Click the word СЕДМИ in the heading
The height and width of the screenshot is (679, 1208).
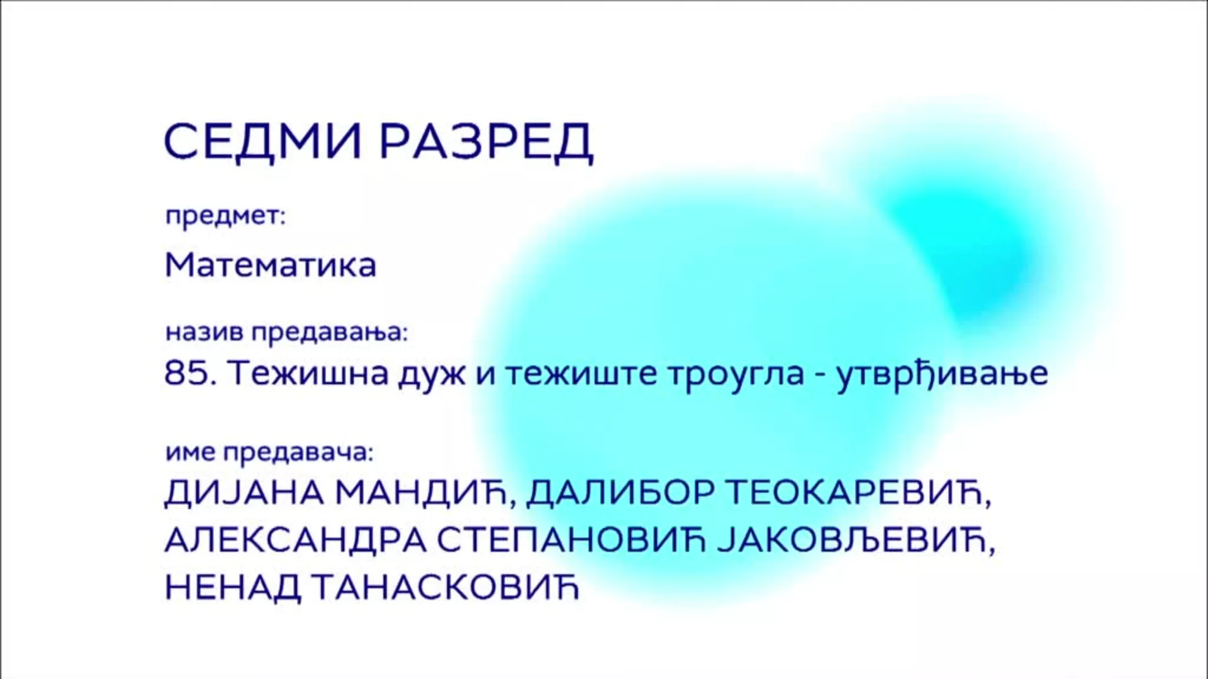click(x=263, y=141)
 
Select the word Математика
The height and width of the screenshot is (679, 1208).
click(x=271, y=265)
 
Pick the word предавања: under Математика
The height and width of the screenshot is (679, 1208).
click(x=330, y=332)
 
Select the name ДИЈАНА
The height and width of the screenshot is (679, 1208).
click(x=244, y=494)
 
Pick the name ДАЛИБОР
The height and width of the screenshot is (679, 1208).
click(x=620, y=494)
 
